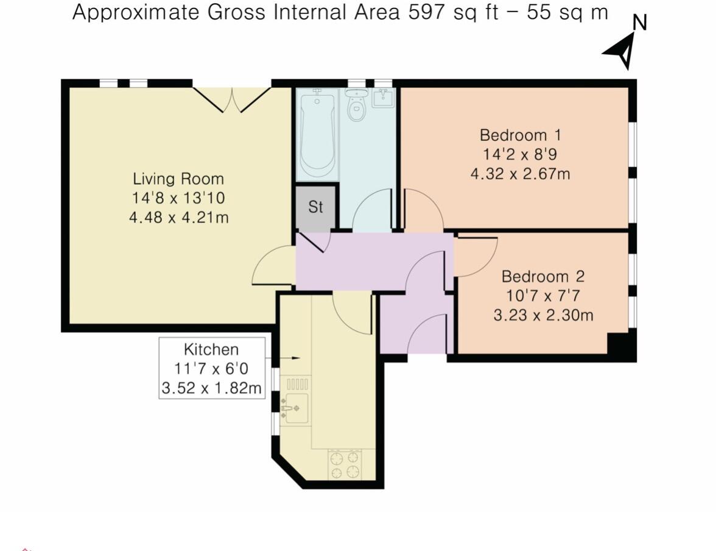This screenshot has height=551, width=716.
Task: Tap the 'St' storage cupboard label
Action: (315, 207)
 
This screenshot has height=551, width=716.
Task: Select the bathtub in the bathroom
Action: (317, 133)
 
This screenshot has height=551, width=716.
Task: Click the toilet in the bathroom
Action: (356, 107)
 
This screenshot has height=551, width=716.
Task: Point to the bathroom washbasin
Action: (384, 98)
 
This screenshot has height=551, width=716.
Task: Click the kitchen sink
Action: (296, 408)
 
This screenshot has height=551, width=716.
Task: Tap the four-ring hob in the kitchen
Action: (345, 464)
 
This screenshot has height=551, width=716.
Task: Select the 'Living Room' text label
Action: (178, 179)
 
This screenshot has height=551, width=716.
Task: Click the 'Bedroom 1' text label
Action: (520, 135)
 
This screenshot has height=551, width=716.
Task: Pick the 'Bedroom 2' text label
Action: (542, 276)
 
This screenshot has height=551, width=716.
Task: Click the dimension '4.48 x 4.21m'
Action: (178, 218)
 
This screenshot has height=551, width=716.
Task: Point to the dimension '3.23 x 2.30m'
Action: (543, 315)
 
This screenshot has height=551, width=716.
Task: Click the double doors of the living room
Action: (232, 100)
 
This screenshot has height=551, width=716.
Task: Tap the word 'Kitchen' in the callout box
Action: (211, 349)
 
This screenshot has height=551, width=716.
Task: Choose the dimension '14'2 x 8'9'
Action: (520, 154)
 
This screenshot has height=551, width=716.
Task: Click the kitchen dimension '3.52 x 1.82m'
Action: (212, 388)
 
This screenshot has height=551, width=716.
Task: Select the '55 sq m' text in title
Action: (564, 12)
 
